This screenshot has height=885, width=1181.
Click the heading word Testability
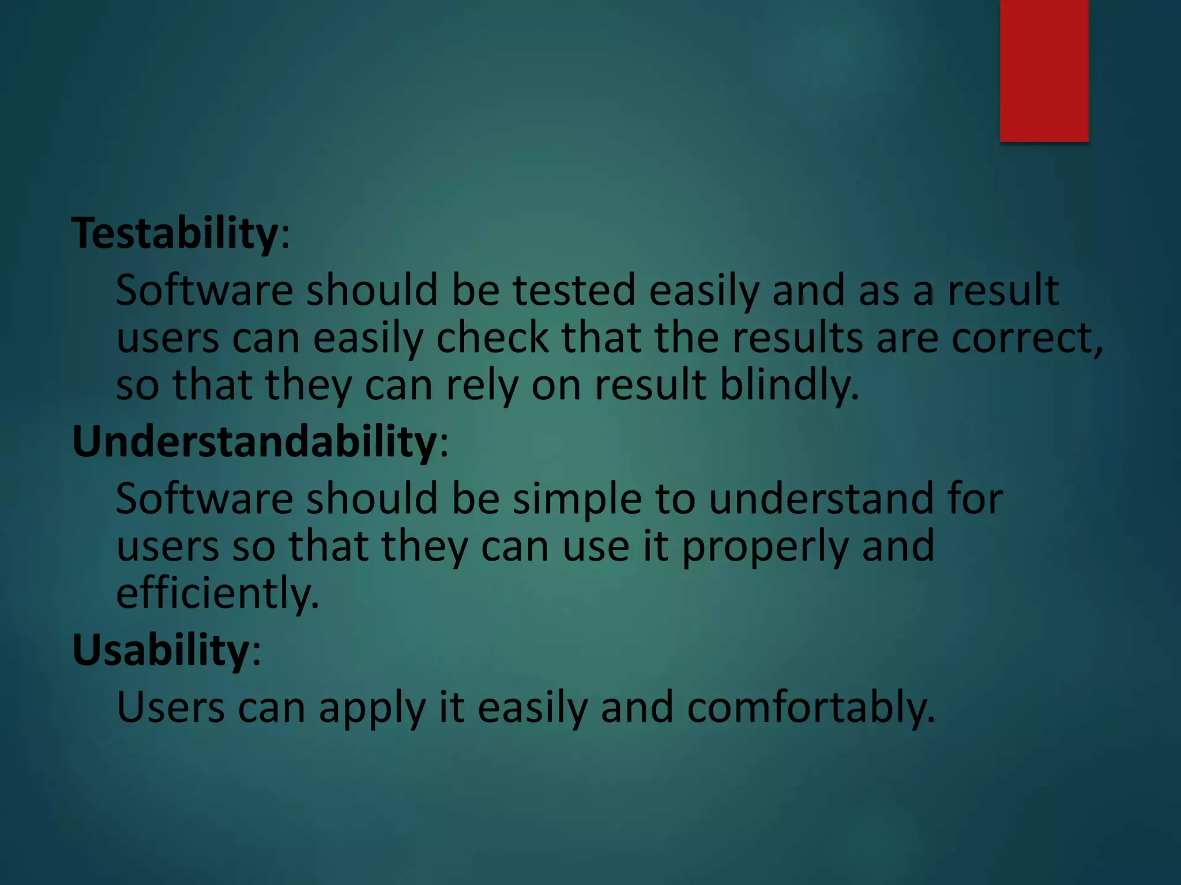tap(175, 233)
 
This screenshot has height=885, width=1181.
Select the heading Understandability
tap(254, 442)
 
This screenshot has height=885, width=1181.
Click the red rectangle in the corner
tap(1044, 70)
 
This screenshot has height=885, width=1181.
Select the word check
tap(492, 338)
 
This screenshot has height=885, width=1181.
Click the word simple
tap(577, 498)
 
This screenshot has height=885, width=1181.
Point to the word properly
tap(765, 546)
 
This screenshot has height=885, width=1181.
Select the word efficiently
tap(217, 593)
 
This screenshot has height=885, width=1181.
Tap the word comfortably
tap(810, 708)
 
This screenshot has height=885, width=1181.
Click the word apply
tap(372, 708)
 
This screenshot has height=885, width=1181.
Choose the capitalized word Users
tap(170, 708)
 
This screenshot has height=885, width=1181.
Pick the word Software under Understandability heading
tap(205, 498)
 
